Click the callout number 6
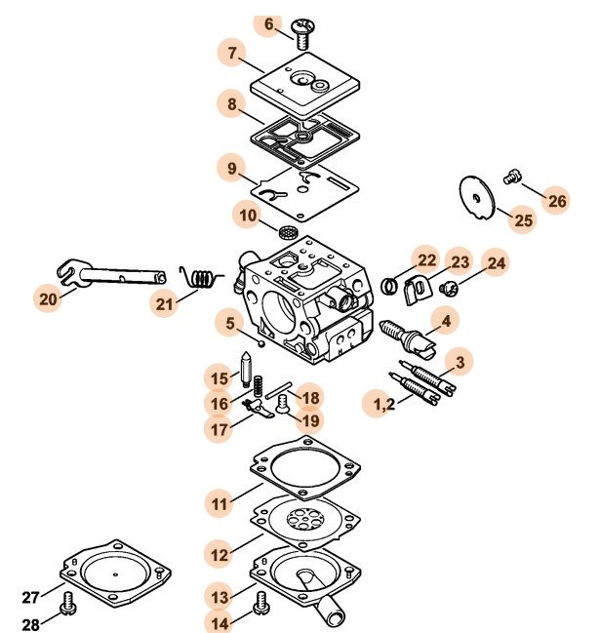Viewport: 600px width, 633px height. (269, 24)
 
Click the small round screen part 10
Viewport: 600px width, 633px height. (288, 233)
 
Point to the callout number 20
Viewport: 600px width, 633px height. (49, 300)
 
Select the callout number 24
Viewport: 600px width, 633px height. (497, 263)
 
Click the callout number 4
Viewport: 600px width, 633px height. (446, 320)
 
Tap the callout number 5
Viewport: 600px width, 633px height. (229, 324)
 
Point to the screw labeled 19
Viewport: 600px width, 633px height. (284, 411)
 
